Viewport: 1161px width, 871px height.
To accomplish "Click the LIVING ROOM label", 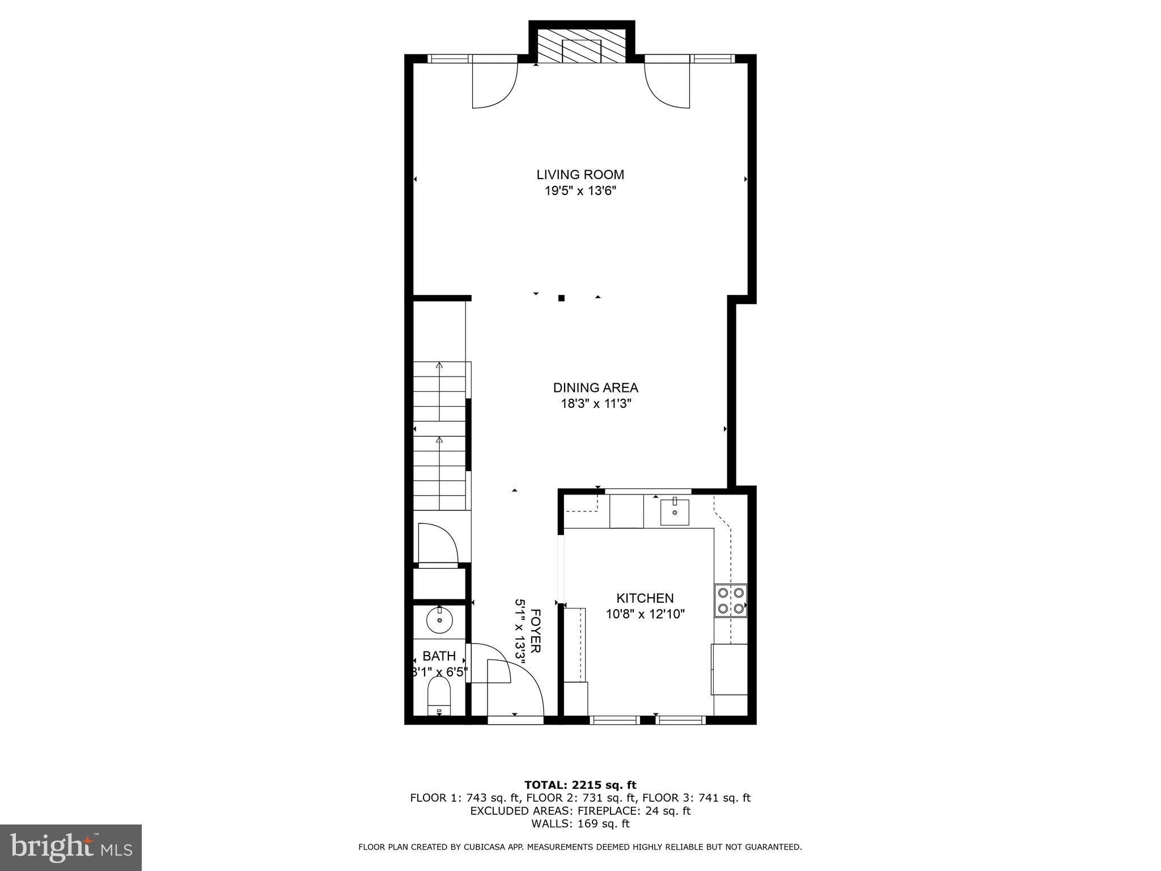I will (x=580, y=175).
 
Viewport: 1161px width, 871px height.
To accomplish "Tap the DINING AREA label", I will (x=595, y=388).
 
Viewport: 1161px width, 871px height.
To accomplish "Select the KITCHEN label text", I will (x=645, y=598).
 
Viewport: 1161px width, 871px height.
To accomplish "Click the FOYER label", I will (x=536, y=631).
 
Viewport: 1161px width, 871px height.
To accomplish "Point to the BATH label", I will (x=439, y=656).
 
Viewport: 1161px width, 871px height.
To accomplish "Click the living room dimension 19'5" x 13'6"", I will (x=580, y=191).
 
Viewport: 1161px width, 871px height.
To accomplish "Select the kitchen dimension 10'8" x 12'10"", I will (x=645, y=614).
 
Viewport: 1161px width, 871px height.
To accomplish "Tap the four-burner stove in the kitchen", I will (x=731, y=601).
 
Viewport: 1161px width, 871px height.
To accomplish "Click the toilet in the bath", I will (x=438, y=697).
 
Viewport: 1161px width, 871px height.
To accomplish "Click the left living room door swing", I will (x=494, y=85).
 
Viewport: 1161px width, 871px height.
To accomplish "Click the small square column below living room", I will (x=561, y=298).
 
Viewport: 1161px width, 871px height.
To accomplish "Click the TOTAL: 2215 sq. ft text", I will (x=580, y=785).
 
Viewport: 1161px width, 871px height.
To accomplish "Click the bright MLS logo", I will (x=71, y=847).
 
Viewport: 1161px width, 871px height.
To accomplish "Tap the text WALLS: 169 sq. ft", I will (x=580, y=824).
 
